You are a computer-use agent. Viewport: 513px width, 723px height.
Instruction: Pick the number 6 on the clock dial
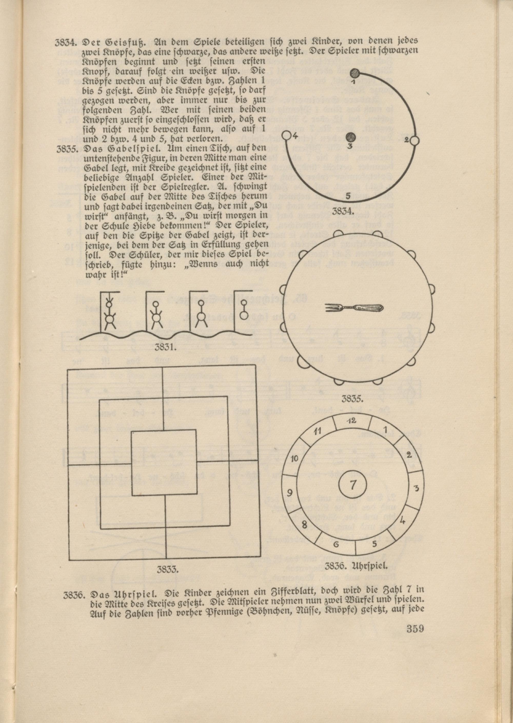point(336,544)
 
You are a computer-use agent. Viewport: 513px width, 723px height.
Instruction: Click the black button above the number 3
point(350,137)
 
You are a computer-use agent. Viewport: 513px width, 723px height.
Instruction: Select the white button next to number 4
point(286,135)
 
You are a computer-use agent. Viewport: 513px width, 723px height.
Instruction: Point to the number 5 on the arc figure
point(348,196)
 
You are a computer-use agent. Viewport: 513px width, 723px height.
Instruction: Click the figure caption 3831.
point(165,347)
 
